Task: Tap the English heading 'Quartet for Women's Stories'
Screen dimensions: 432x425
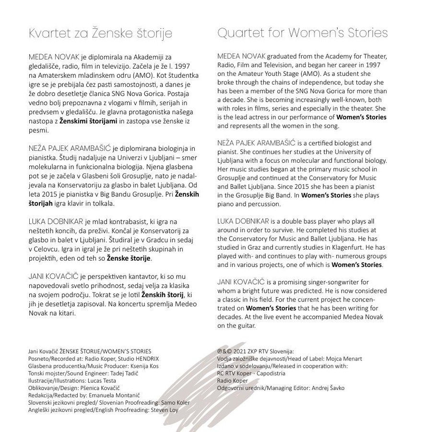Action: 302,33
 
